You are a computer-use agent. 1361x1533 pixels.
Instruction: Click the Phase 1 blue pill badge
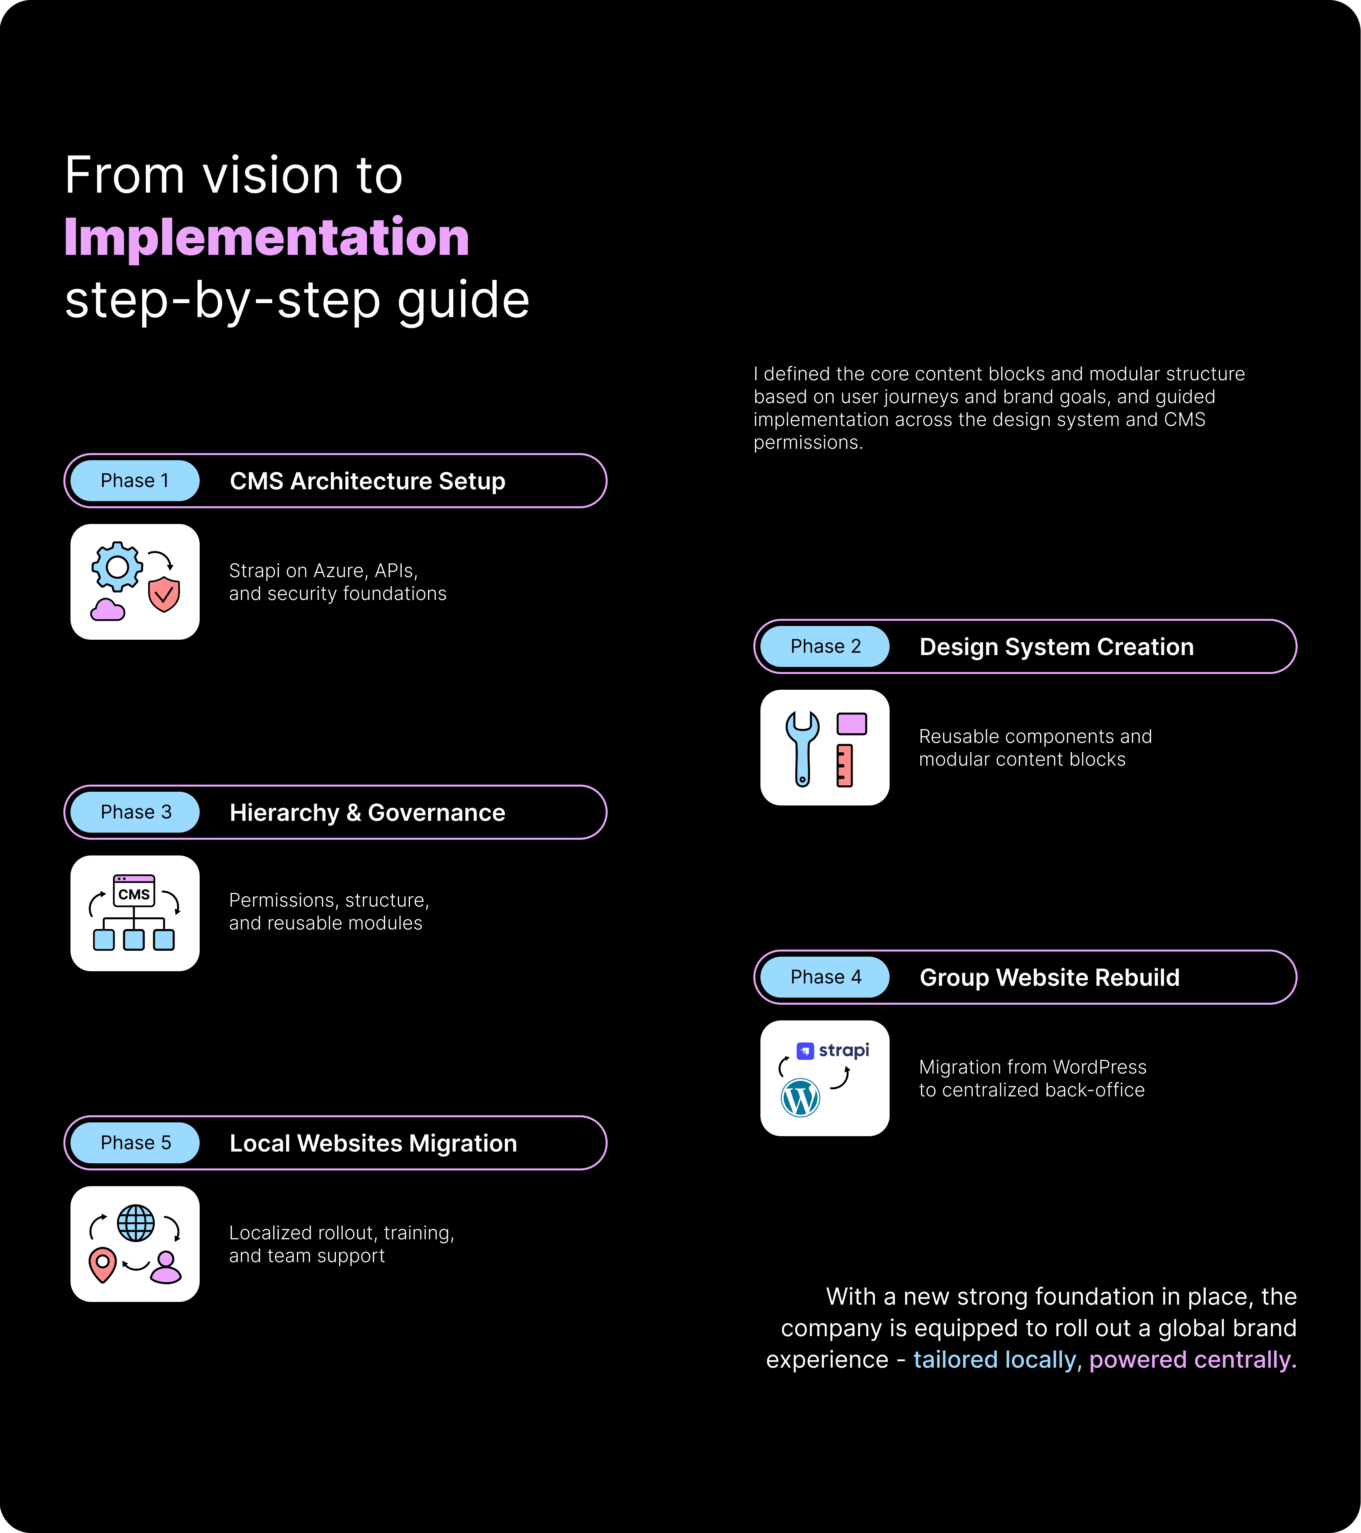135,481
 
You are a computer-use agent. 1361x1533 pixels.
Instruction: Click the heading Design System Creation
1056,646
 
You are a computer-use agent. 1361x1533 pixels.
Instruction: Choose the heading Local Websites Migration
373,1143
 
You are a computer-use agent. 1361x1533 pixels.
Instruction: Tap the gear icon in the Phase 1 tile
117,567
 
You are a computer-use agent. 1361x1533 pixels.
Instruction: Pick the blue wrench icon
802,747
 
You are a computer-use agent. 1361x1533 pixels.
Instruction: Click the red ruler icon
845,765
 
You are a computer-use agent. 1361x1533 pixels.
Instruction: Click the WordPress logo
801,1098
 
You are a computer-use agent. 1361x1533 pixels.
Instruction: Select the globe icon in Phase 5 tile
136,1223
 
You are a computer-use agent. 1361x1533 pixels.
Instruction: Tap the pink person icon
166,1268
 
